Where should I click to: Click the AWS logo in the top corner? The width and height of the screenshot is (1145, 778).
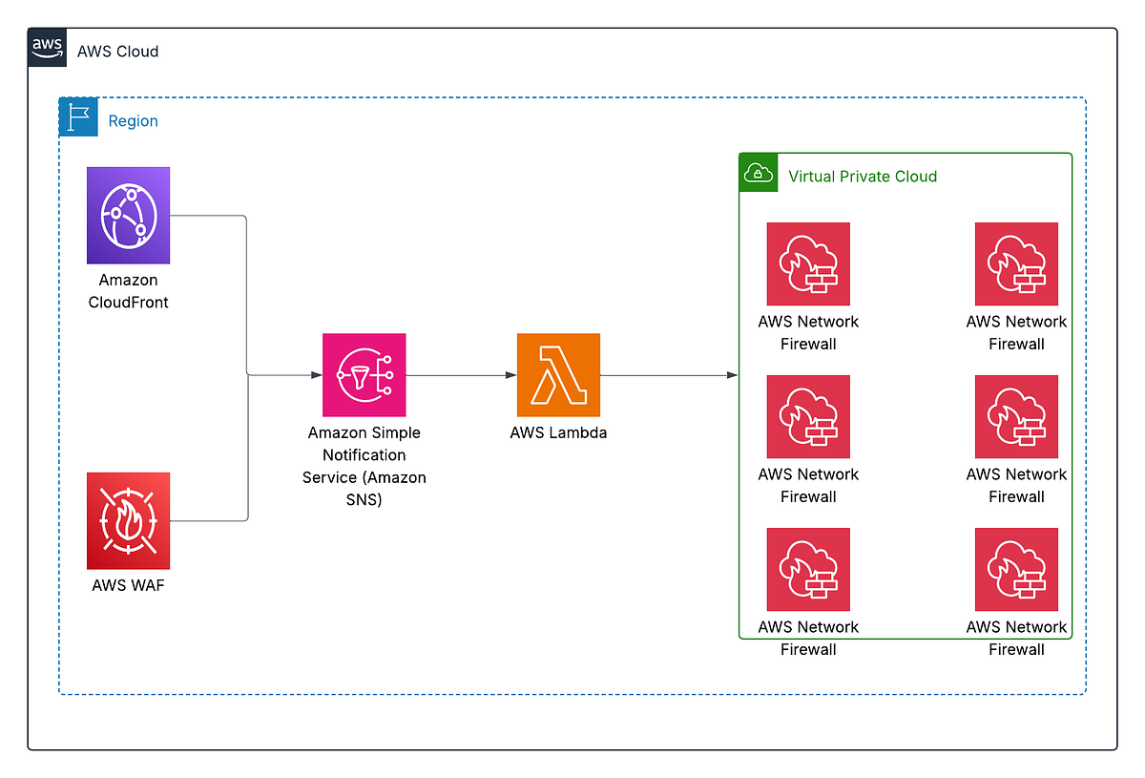pyautogui.click(x=47, y=48)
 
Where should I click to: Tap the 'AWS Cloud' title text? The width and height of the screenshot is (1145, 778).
pyautogui.click(x=117, y=52)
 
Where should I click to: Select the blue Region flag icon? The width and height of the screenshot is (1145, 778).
pyautogui.click(x=78, y=117)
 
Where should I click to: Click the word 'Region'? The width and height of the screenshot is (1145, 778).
pyautogui.click(x=133, y=121)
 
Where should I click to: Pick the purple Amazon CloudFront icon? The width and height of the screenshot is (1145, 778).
pyautogui.click(x=128, y=216)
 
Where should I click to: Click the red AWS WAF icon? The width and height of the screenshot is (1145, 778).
pyautogui.click(x=128, y=520)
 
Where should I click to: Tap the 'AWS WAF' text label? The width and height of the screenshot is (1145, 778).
pyautogui.click(x=128, y=585)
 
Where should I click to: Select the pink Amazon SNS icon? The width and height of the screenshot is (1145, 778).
pyautogui.click(x=364, y=375)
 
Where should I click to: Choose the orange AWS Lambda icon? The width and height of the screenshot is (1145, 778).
pyautogui.click(x=558, y=375)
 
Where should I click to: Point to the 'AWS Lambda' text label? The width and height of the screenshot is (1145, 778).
pyautogui.click(x=558, y=432)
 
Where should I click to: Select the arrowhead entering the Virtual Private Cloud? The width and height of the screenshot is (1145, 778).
pyautogui.click(x=732, y=375)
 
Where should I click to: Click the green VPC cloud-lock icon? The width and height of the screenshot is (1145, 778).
pyautogui.click(x=758, y=172)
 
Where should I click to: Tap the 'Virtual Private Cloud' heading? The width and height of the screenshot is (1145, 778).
pyautogui.click(x=863, y=177)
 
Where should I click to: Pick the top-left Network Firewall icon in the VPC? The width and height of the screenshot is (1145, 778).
pyautogui.click(x=808, y=264)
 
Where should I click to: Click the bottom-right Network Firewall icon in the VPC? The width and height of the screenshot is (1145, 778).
pyautogui.click(x=1016, y=570)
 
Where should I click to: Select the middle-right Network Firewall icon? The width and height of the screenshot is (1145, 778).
pyautogui.click(x=1016, y=417)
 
